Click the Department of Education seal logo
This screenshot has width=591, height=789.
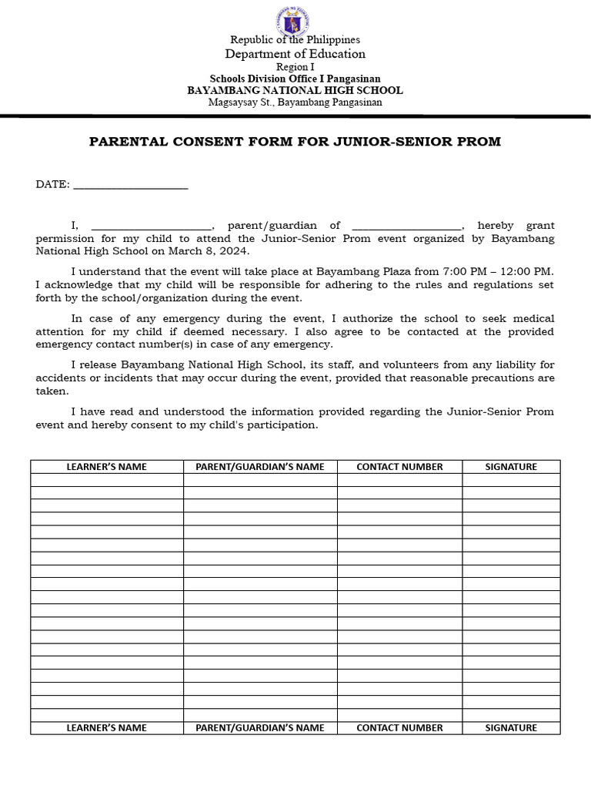tap(295, 21)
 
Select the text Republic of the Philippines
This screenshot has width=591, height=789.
tap(295, 39)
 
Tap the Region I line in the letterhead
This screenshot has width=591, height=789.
tap(295, 67)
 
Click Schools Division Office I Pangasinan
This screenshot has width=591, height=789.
tap(295, 79)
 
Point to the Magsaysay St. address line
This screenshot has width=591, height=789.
tap(295, 102)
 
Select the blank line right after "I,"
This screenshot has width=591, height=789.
tap(151, 226)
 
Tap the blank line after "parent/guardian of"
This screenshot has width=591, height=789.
tap(406, 226)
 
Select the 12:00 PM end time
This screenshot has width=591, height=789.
tap(525, 271)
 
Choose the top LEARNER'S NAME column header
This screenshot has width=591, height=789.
tap(107, 467)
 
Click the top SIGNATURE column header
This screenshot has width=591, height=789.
tap(511, 467)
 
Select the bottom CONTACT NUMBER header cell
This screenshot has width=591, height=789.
tap(399, 727)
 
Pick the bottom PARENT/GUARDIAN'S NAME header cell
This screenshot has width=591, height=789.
tap(260, 727)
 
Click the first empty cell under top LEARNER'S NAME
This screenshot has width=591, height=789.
tap(107, 480)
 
